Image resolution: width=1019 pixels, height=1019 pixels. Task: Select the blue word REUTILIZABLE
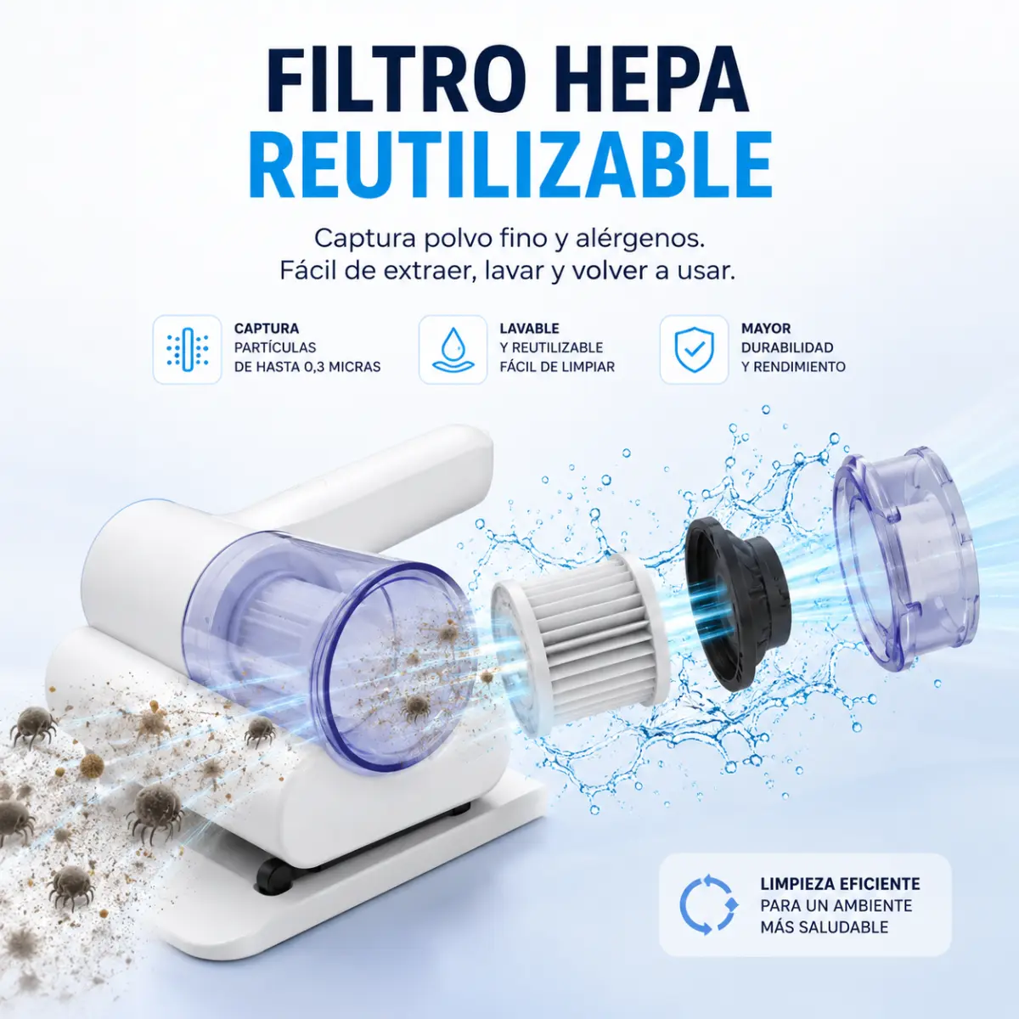pos(510,165)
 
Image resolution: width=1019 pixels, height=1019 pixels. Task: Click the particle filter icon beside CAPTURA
pos(187,349)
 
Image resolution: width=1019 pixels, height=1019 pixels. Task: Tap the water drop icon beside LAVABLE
pos(453,349)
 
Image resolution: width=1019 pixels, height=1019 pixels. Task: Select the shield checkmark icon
pos(694,349)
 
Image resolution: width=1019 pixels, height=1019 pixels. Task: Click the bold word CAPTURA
pos(267,329)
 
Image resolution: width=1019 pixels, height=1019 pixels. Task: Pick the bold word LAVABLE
pos(529,329)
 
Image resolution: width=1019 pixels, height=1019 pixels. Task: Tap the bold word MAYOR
pos(766,329)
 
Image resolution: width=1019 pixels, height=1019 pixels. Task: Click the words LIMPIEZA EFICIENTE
pos(840,884)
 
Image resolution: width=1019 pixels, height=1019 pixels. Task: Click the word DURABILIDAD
pos(787,347)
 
